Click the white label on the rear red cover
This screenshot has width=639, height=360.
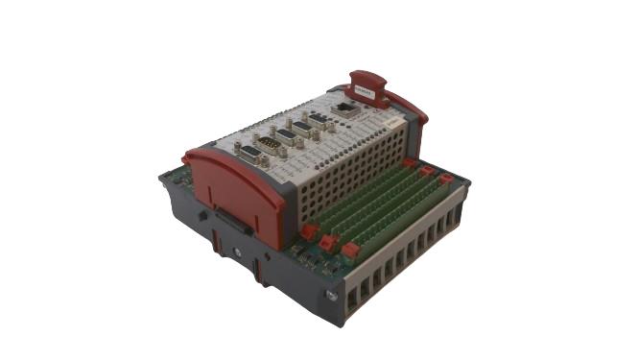point(365,88)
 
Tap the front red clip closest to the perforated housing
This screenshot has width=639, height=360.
point(308,231)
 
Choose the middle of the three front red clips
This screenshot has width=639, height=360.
point(328,242)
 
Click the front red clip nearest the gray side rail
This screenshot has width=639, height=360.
point(350,252)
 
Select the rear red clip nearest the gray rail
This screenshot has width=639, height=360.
point(445,180)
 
